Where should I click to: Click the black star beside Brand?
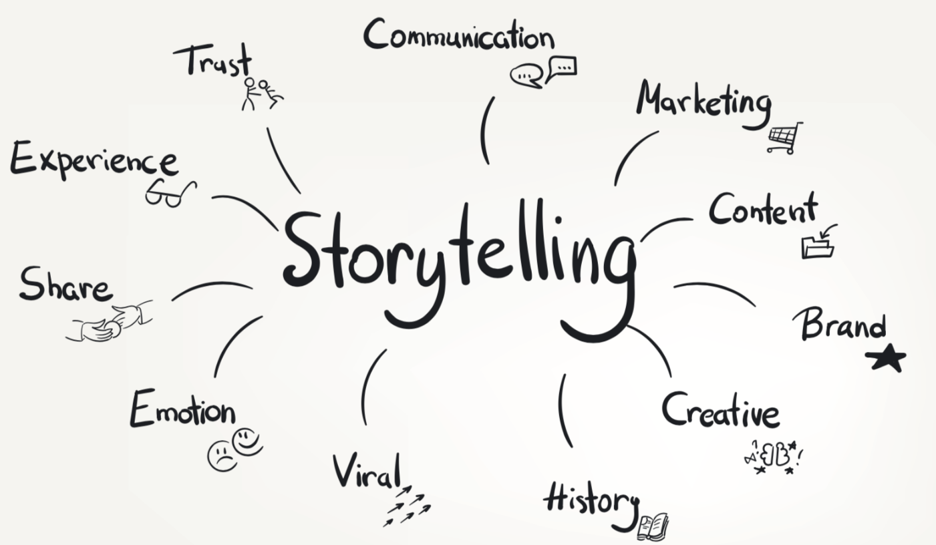tap(886, 359)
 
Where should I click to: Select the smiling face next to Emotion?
tap(247, 439)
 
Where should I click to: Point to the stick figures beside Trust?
tap(261, 92)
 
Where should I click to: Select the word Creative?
tap(720, 410)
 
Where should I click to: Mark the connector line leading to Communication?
tap(486, 130)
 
